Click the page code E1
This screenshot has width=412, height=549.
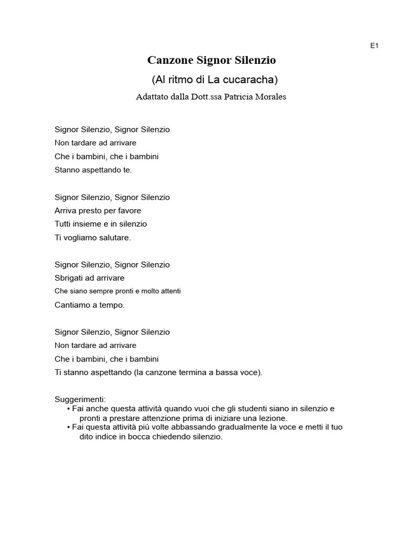click(x=374, y=46)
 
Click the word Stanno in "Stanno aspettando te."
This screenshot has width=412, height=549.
click(x=67, y=170)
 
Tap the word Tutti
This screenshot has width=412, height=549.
click(x=64, y=224)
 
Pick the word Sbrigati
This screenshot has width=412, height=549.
click(x=70, y=278)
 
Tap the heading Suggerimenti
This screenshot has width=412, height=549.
click(x=80, y=399)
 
